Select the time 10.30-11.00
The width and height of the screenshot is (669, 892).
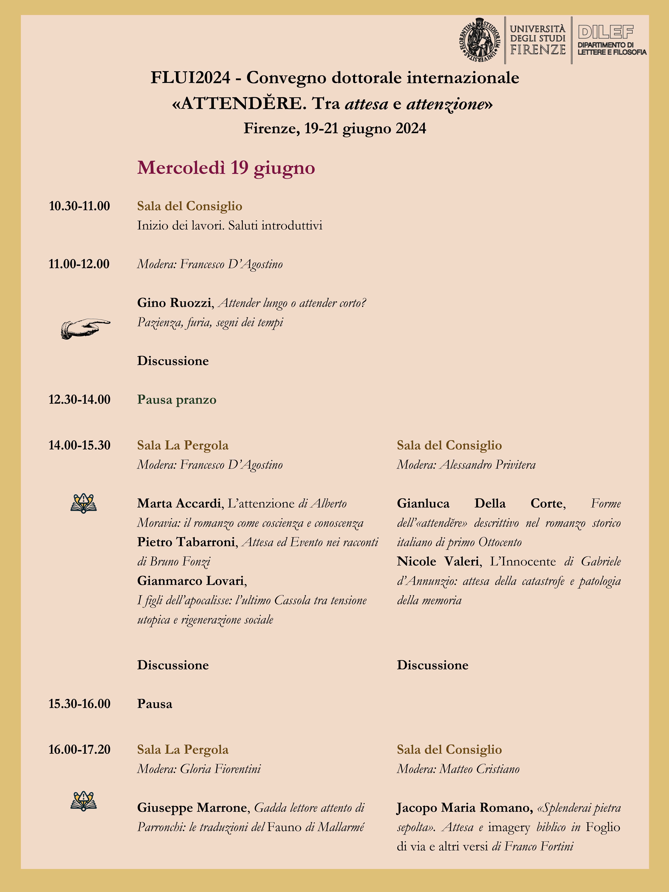79,206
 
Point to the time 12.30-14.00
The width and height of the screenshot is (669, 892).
79,400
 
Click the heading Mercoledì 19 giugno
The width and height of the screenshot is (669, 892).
226,168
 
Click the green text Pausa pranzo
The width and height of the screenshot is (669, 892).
177,400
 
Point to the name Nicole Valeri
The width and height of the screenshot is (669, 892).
438,561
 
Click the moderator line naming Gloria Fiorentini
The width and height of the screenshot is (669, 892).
199,769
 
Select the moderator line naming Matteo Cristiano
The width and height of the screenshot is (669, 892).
458,769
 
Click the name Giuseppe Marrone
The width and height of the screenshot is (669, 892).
192,807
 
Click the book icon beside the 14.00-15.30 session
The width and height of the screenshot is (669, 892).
84,503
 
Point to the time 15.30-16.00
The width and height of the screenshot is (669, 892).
79,704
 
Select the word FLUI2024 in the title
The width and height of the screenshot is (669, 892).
190,77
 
